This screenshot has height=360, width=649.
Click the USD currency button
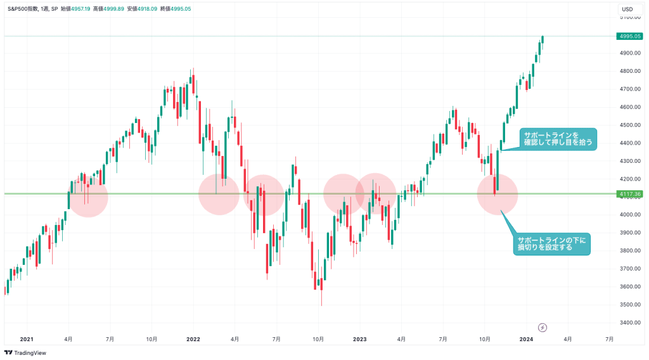pyautogui.click(x=627, y=9)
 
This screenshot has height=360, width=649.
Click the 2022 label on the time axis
pyautogui.click(x=193, y=339)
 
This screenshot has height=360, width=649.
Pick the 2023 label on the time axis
pyautogui.click(x=360, y=339)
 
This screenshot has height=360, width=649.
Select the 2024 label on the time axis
pyautogui.click(x=526, y=339)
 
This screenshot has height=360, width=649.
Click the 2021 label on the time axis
pyautogui.click(x=27, y=339)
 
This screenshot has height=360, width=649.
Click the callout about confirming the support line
pyautogui.click(x=558, y=139)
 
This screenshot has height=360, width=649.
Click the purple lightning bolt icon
pyautogui.click(x=543, y=327)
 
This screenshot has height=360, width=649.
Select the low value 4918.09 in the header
pyautogui.click(x=146, y=8)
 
